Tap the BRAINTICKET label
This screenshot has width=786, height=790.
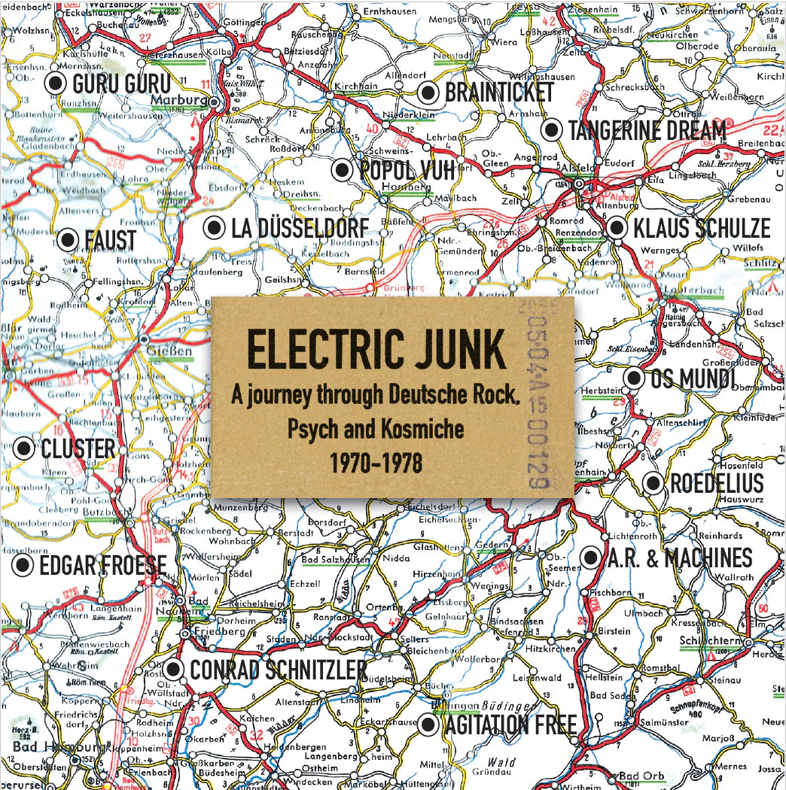click(x=499, y=93)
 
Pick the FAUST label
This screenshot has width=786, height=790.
click(x=110, y=241)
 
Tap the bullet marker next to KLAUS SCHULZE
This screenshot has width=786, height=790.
click(x=617, y=227)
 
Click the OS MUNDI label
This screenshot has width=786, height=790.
click(x=693, y=379)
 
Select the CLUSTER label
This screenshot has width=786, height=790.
click(x=78, y=448)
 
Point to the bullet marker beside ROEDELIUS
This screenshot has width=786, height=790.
click(x=653, y=483)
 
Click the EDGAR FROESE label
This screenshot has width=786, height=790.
click(x=102, y=564)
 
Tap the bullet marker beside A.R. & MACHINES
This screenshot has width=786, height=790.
click(x=591, y=558)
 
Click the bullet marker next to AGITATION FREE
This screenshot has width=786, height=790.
click(x=428, y=725)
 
